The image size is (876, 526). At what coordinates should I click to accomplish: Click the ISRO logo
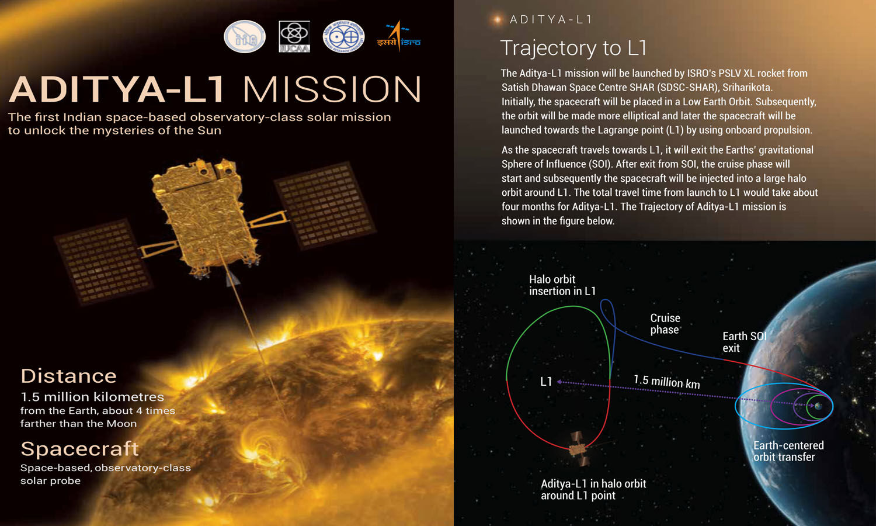398,36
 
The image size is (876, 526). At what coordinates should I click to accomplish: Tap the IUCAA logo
294,36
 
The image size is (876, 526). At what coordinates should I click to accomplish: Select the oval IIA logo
245,36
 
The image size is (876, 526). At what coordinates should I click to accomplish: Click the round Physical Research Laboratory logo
344,36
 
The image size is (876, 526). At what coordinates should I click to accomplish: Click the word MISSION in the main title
332,89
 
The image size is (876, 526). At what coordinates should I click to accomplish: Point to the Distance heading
69,376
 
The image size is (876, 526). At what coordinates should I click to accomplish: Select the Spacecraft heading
80,449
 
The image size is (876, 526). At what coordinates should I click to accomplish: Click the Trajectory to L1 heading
573,48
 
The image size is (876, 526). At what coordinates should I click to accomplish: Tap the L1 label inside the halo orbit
546,382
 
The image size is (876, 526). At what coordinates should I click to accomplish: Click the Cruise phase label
665,324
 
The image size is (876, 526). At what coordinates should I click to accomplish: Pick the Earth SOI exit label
744,342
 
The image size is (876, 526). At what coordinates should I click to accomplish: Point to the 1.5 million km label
667,382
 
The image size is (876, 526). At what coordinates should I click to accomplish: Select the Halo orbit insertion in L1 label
562,285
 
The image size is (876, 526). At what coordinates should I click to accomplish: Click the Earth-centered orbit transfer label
788,451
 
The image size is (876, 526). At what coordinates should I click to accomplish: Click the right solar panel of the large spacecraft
325,206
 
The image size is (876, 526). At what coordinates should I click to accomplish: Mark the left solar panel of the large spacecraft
102,261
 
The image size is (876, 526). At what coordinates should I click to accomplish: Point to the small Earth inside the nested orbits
818,406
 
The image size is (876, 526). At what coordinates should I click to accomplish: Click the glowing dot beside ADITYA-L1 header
497,19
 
